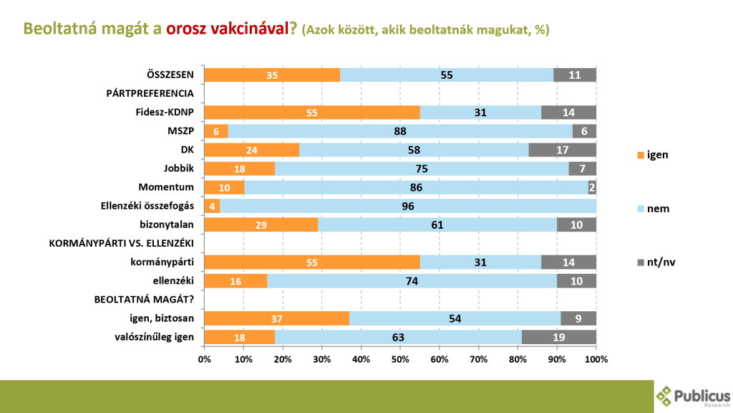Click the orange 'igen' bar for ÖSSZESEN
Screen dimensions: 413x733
point(272,75)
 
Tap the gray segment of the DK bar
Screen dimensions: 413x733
point(562,150)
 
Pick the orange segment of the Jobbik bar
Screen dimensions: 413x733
point(239,168)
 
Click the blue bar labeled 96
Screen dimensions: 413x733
point(408,206)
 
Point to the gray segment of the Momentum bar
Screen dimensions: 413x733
point(592,188)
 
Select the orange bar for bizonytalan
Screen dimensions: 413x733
point(261,225)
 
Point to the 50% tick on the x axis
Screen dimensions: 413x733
point(400,359)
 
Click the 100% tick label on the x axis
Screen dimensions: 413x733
point(596,359)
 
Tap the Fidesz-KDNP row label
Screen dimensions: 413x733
point(165,112)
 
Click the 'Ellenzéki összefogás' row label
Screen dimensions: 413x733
point(147,206)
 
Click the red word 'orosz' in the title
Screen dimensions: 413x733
point(188,29)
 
